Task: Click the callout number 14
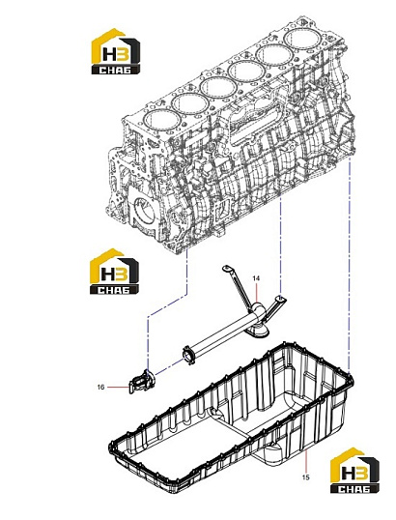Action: pos(256,278)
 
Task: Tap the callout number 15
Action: pos(305,477)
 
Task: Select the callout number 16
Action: pos(100,387)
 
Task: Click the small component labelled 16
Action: pos(142,382)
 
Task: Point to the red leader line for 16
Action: pos(117,387)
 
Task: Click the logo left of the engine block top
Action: pos(115,51)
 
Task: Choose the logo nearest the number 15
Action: pos(354,471)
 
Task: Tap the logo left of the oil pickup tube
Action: pos(114,272)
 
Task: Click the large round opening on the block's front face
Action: pos(143,212)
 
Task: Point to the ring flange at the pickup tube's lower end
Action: pos(189,355)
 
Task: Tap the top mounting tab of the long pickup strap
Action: pos(227,269)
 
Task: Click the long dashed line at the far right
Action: pos(350,266)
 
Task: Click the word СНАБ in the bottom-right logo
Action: pos(354,488)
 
